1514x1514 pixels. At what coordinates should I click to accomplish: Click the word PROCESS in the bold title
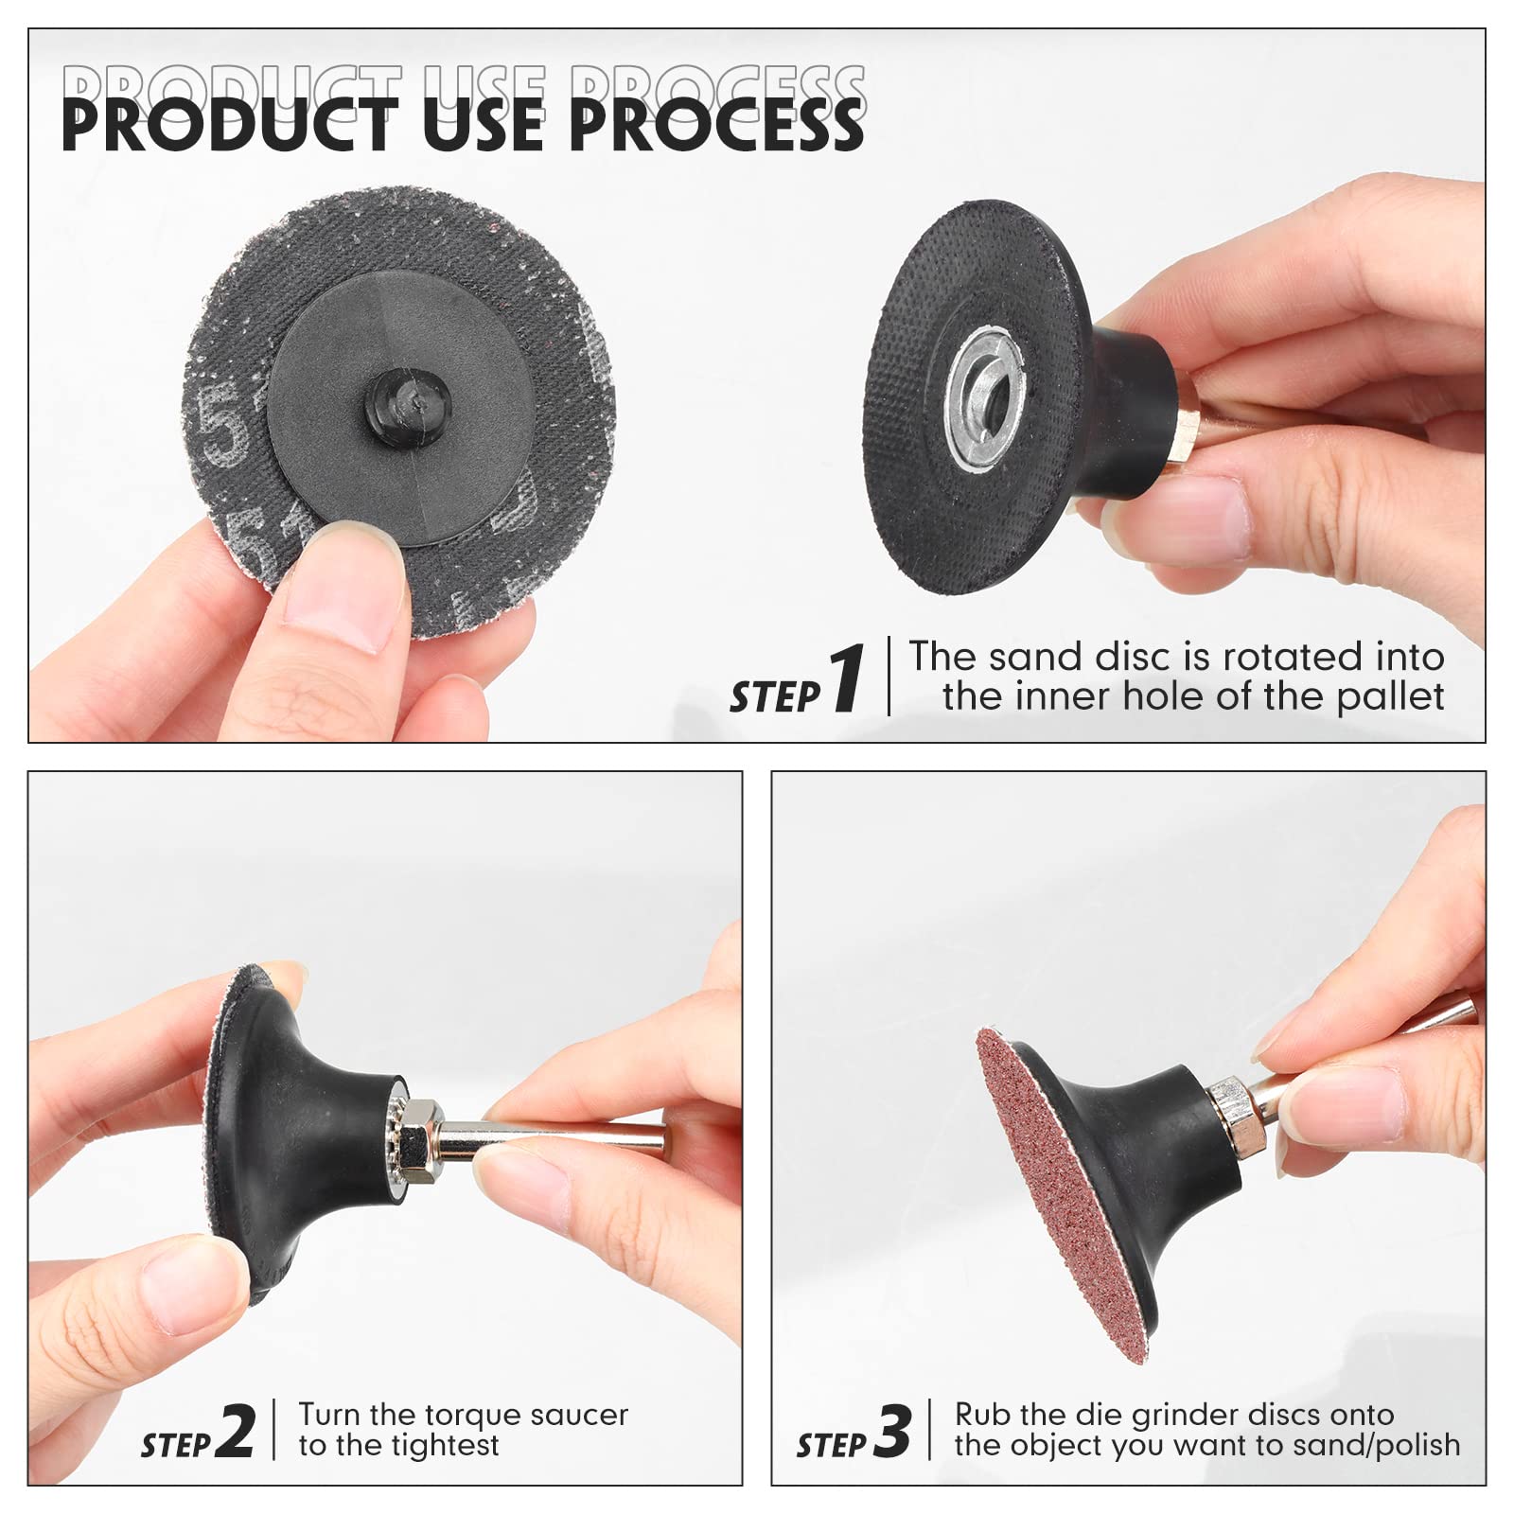716,125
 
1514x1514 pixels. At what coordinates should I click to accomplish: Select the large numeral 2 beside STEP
236,1431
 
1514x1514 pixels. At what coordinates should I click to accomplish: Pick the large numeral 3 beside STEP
891,1431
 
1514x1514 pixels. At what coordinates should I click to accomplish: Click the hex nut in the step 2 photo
416,1134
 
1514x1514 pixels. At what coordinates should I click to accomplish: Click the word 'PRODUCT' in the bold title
227,125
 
